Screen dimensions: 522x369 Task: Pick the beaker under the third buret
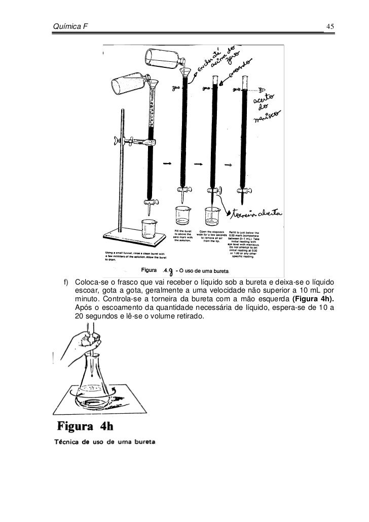(212, 217)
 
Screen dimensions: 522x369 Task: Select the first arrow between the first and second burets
(167, 164)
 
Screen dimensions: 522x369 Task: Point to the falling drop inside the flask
(92, 375)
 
